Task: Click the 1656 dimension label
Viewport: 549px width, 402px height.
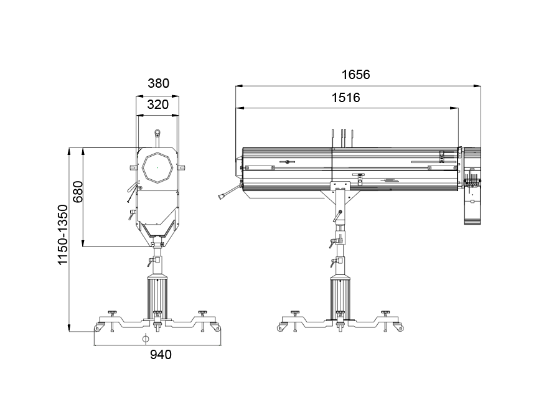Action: coord(356,75)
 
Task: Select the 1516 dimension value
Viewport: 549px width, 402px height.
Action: coord(346,97)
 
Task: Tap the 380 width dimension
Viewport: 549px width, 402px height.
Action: coord(158,83)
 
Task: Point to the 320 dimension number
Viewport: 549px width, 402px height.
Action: coord(158,105)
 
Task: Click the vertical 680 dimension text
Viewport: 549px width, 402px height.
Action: coord(78,192)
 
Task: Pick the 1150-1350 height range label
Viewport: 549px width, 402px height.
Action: coord(62,235)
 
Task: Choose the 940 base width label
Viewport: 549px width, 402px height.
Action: coord(161,355)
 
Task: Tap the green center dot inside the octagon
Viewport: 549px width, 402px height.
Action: coord(157,168)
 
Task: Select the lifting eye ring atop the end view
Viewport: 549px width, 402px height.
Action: coord(157,133)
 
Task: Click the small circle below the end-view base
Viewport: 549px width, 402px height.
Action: coord(146,339)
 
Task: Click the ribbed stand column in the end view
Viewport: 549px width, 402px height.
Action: coord(157,297)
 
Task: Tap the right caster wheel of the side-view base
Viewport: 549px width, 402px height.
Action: coord(400,328)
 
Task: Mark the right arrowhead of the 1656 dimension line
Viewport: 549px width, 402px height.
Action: coord(477,85)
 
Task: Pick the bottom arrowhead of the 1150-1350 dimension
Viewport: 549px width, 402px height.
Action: coord(69,327)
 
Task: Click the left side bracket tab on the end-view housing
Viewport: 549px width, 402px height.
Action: coord(133,168)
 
